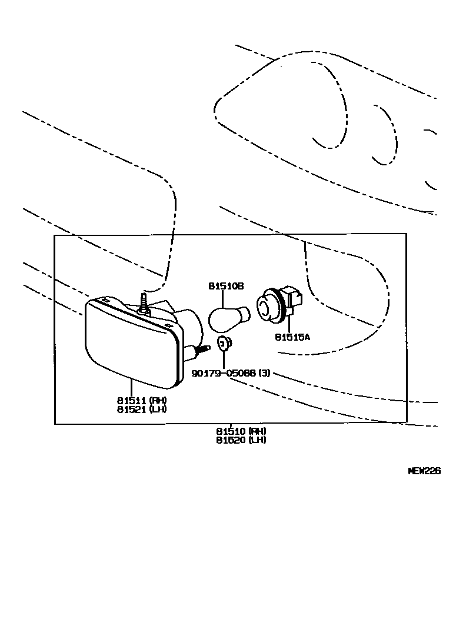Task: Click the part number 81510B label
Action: point(225,286)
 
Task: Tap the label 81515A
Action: point(292,337)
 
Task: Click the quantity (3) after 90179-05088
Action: point(264,373)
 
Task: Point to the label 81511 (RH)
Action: point(142,400)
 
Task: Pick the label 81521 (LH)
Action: point(142,409)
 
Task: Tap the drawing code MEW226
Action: point(424,471)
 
